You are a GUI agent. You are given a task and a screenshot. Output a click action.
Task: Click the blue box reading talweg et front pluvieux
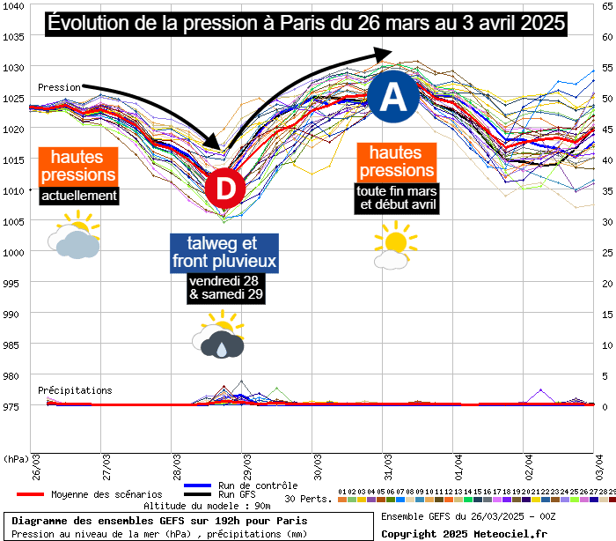225,253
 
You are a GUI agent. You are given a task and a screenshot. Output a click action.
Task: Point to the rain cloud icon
217,340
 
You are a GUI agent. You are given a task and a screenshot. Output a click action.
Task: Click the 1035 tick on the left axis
13,36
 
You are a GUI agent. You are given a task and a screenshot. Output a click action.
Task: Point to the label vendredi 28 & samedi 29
225,288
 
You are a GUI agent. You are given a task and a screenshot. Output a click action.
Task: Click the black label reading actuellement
79,196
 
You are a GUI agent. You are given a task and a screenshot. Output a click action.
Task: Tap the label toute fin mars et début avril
396,198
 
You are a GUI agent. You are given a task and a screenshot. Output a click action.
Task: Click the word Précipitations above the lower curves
75,390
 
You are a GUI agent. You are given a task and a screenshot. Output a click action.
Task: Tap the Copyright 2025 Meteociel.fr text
464,533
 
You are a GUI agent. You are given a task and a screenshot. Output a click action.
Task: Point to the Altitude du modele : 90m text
207,506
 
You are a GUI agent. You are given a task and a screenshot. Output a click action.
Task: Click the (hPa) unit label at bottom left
15,459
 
